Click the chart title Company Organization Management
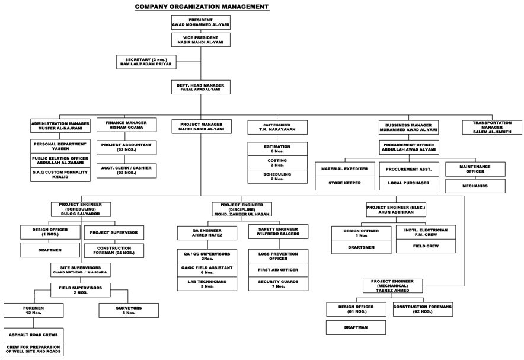pyautogui.click(x=202, y=7)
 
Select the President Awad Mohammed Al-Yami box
pyautogui.click(x=200, y=22)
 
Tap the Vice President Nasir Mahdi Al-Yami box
pyautogui.click(x=200, y=39)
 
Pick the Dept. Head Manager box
pyautogui.click(x=200, y=87)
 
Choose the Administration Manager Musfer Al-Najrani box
pyautogui.click(x=60, y=126)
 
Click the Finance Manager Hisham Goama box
pyautogui.click(x=126, y=125)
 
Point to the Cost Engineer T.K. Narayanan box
pyautogui.click(x=277, y=127)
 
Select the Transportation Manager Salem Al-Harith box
pyautogui.click(x=492, y=127)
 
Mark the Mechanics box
pyautogui.click(x=475, y=186)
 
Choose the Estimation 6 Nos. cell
pyautogui.click(x=277, y=149)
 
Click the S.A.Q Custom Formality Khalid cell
pyautogui.click(x=60, y=174)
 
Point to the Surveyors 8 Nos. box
pyautogui.click(x=129, y=310)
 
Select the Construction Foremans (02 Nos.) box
pyautogui.click(x=422, y=308)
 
